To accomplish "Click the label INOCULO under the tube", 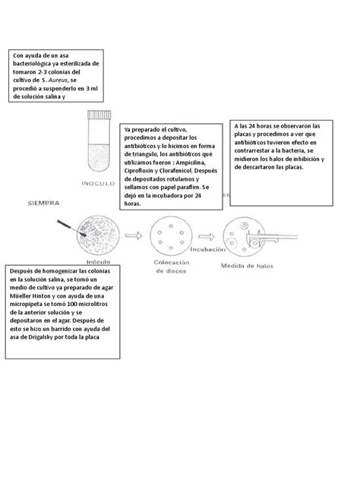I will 100,184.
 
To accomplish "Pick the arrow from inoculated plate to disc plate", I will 131,235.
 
